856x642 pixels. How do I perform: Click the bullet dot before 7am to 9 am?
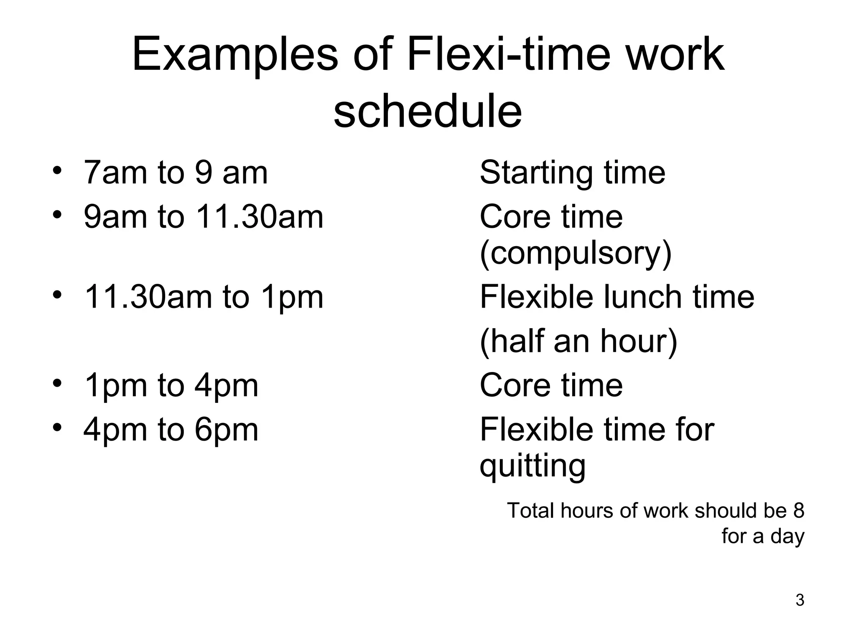[x=57, y=171]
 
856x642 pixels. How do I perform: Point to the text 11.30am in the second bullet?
[x=259, y=217]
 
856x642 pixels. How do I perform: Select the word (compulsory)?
[x=576, y=254]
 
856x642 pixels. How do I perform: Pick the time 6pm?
[x=227, y=431]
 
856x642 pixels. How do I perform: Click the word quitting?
[x=532, y=466]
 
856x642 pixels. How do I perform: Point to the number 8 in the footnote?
[x=798, y=511]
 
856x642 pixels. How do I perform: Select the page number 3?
[x=800, y=600]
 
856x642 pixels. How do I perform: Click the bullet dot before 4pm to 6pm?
[x=57, y=428]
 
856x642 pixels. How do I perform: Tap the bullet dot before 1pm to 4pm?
[x=57, y=383]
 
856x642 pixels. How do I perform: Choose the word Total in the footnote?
[x=531, y=511]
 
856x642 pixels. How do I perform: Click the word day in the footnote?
[x=787, y=537]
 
